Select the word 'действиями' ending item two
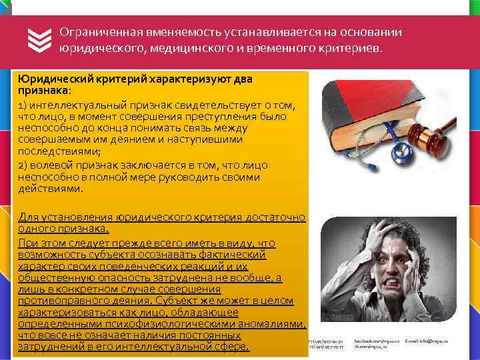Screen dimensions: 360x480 (51, 189)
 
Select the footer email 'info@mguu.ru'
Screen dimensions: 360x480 (433, 341)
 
